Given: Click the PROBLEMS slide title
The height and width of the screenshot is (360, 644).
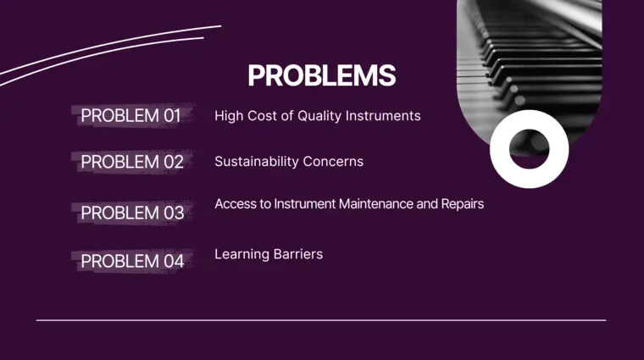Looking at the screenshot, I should pyautogui.click(x=321, y=75).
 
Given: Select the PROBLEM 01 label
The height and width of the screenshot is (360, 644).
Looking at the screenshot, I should pyautogui.click(x=130, y=116).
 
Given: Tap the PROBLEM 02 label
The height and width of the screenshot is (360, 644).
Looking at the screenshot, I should pyautogui.click(x=131, y=162).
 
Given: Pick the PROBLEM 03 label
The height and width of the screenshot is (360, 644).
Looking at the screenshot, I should pyautogui.click(x=132, y=213).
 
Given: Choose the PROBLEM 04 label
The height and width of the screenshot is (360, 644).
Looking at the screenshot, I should pyautogui.click(x=132, y=261).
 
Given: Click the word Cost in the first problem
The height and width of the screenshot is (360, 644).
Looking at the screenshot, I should pyautogui.click(x=262, y=116).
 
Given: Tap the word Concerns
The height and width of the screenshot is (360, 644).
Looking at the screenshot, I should pyautogui.click(x=336, y=162).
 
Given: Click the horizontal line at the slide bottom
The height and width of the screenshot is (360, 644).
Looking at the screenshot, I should pyautogui.click(x=321, y=320).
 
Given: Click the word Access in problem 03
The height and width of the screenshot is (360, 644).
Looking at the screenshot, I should pyautogui.click(x=234, y=204).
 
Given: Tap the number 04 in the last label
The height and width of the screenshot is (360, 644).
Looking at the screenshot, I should pyautogui.click(x=173, y=261).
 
